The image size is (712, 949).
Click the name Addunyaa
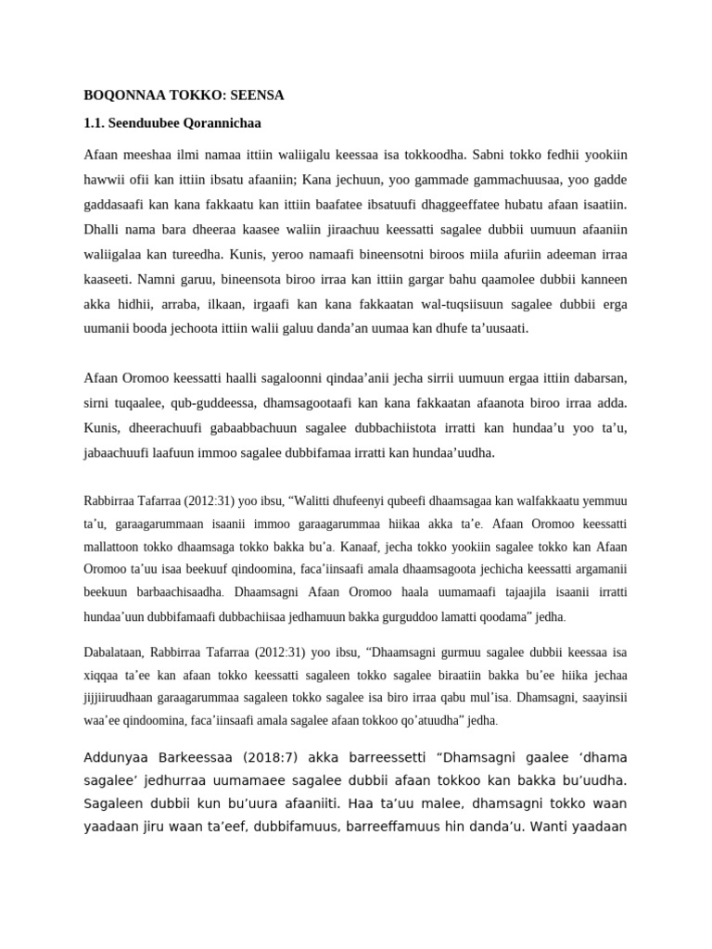[x=118, y=753]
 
